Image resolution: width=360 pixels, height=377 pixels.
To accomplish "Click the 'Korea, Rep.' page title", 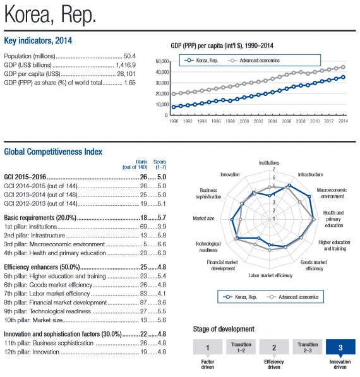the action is coord(50,15).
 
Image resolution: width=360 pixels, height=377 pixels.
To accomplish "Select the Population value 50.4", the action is coord(129,56).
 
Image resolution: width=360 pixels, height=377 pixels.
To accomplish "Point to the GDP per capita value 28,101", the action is coord(126,74).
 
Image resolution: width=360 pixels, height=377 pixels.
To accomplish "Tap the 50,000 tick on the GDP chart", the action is coord(162,61).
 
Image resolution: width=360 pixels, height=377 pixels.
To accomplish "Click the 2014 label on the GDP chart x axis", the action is coord(343,121).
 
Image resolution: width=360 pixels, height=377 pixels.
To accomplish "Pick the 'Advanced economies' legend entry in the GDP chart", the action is coord(254,61).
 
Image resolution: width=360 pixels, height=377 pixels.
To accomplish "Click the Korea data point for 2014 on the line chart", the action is coord(343,77).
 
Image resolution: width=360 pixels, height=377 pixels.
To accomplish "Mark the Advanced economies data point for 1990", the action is coord(174,93).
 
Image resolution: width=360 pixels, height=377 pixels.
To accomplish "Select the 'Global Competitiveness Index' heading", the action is coord(53,152).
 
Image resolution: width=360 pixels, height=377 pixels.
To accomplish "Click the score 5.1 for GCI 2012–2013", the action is coord(162,203).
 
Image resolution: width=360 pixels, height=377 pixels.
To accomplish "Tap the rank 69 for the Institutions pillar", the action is coord(143,227).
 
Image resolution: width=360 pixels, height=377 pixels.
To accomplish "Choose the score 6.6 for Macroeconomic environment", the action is coord(162,244).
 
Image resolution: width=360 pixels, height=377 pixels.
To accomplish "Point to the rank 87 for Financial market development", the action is coord(143,302).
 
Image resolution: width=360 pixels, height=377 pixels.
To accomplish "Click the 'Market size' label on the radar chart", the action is coord(203,218).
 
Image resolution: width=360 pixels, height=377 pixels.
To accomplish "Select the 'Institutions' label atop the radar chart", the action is coord(269,163).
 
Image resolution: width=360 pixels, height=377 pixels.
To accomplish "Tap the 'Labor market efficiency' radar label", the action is coord(270,275).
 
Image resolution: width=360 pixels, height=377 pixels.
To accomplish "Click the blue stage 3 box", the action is coord(340,347).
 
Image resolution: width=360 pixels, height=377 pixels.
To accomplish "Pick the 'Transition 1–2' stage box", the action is coord(241,347).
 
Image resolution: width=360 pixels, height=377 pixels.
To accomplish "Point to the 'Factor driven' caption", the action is coord(208,364).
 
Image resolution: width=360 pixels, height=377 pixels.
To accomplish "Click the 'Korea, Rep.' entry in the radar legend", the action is coord(240,297).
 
